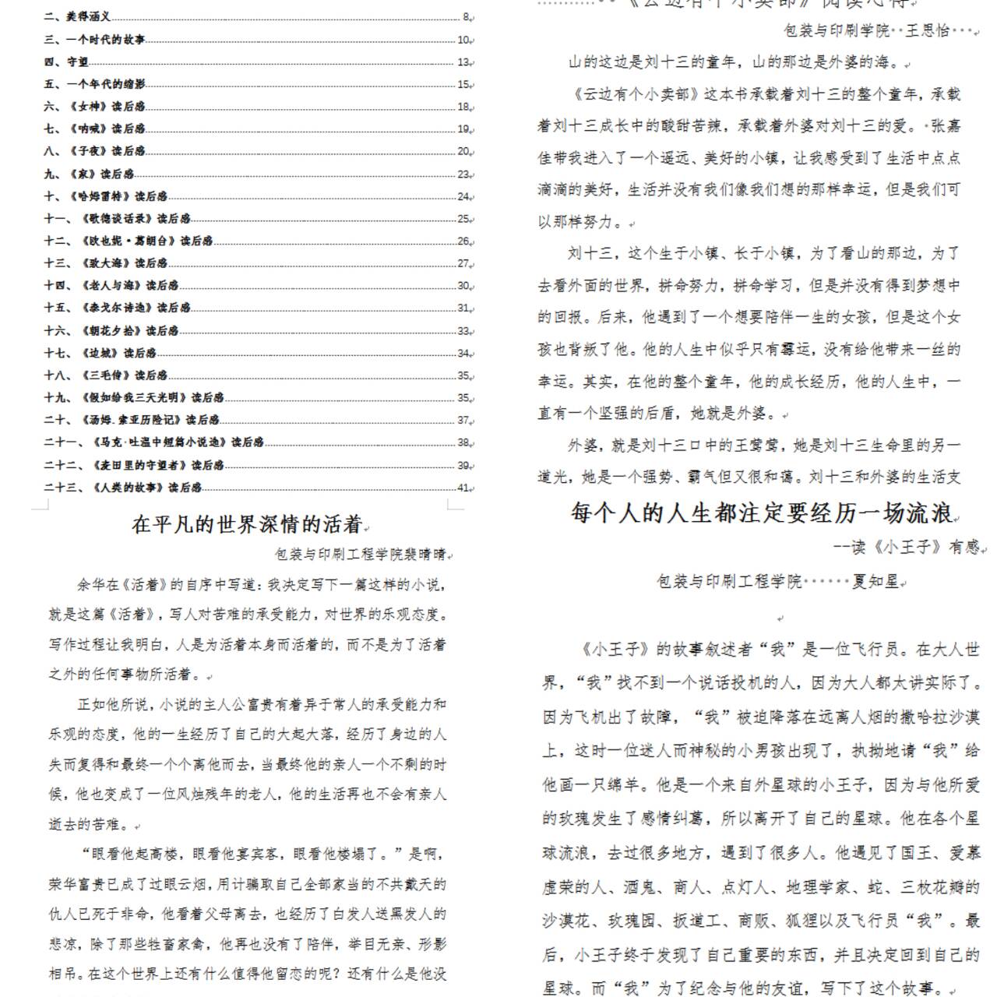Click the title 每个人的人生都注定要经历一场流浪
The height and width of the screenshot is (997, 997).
tap(762, 513)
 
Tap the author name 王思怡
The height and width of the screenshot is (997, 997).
tap(928, 30)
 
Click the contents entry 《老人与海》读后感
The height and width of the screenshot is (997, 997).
tap(129, 285)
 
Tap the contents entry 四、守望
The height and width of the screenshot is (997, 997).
tap(66, 62)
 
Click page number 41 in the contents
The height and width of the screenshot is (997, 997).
tap(463, 488)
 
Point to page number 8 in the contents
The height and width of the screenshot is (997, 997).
tap(466, 16)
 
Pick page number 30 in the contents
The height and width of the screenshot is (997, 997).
tap(463, 286)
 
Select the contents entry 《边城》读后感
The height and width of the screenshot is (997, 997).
tap(118, 353)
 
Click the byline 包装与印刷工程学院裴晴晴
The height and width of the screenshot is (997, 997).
tap(361, 555)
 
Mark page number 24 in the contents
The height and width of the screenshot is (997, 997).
tap(463, 197)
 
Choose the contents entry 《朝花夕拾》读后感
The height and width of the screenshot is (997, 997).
tap(129, 330)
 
